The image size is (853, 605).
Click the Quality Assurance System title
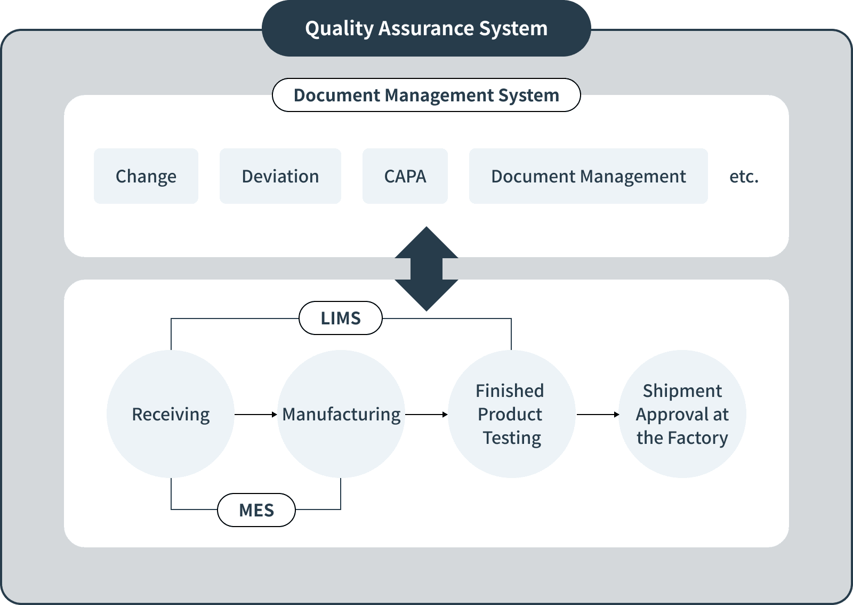(426, 28)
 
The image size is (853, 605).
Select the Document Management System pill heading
(426, 95)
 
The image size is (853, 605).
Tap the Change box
(146, 176)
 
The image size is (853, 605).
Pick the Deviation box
(280, 176)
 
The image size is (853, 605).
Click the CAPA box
(405, 176)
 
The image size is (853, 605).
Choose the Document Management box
(588, 176)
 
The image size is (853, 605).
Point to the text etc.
(743, 177)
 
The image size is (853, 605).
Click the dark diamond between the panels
(426, 268)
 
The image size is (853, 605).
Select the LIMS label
(340, 318)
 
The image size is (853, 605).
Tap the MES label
(256, 510)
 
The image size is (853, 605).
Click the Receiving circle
(171, 414)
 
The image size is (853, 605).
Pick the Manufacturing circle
(341, 414)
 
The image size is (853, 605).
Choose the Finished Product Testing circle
(511, 414)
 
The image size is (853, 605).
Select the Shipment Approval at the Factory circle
(682, 414)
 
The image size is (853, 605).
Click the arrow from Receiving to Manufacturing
(256, 414)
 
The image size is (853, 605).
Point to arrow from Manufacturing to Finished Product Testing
(426, 414)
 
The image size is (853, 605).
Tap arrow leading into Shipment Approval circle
(598, 414)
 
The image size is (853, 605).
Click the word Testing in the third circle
(512, 438)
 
